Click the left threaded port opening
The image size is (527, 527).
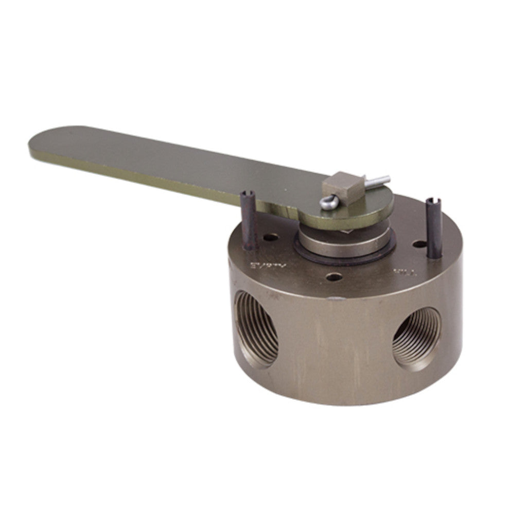point(256,328)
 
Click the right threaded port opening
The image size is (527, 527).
point(417,337)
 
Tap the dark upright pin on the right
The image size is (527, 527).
point(434,229)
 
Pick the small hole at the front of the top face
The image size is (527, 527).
point(335,277)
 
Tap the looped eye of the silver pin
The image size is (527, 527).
point(328,203)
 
